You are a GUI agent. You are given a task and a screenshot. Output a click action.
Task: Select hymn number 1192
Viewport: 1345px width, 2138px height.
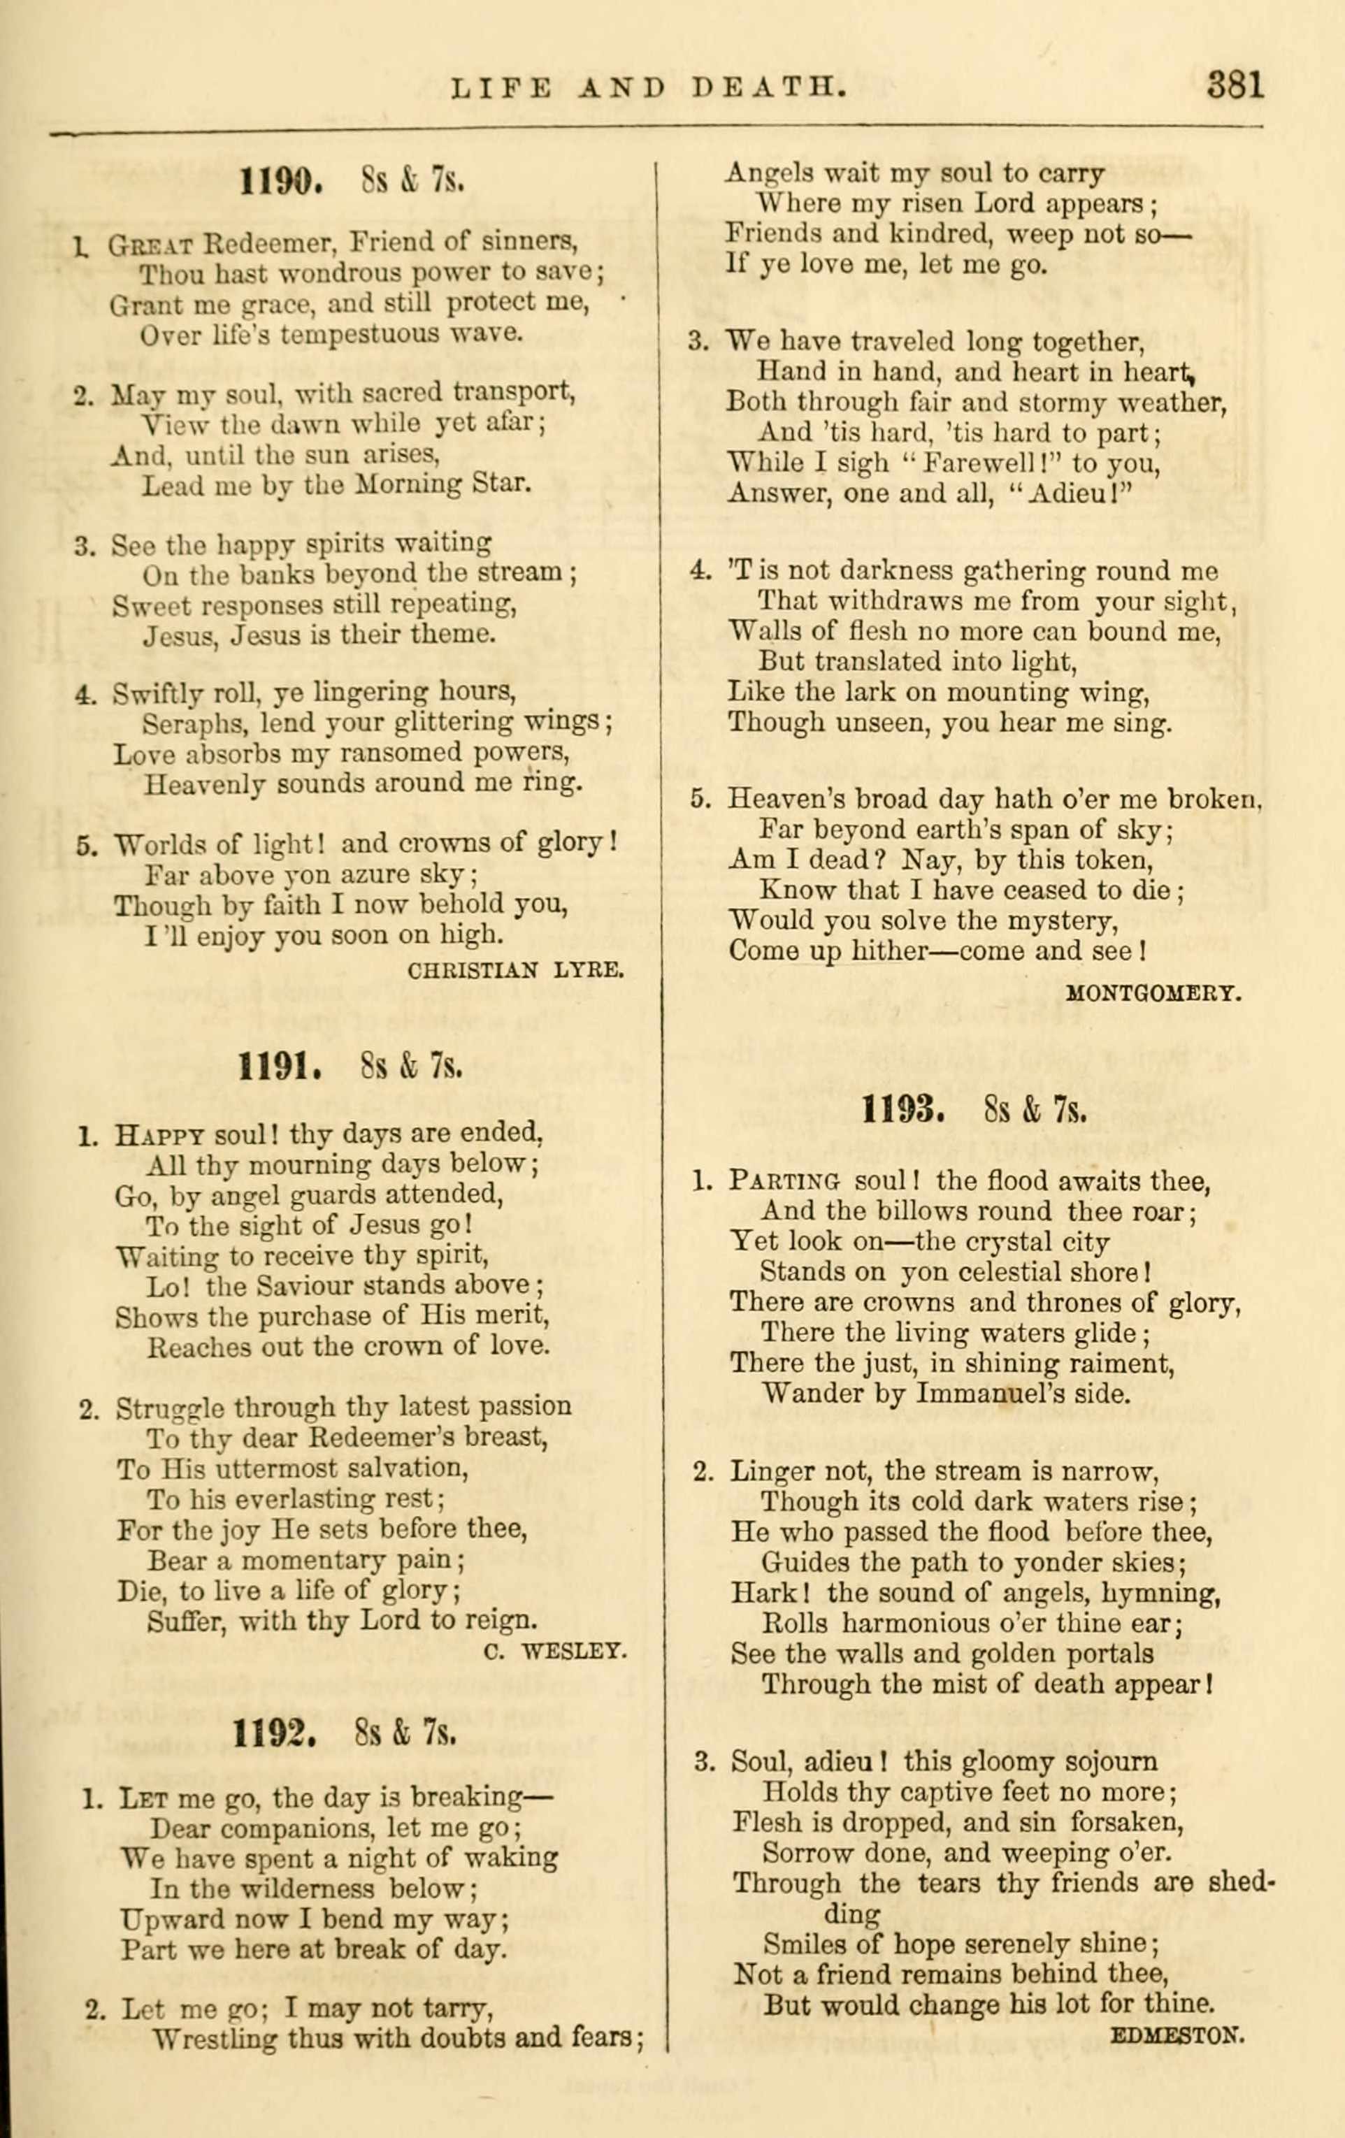pyautogui.click(x=274, y=1731)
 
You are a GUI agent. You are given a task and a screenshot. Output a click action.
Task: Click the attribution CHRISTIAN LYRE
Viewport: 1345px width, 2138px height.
pyautogui.click(x=516, y=969)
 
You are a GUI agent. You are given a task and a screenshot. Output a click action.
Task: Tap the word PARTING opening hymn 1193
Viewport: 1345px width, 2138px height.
pyautogui.click(x=783, y=1182)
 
